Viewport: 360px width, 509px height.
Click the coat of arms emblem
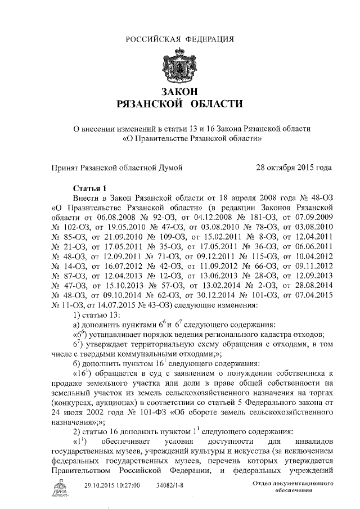[179, 66]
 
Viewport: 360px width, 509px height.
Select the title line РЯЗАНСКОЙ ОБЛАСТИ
[179, 104]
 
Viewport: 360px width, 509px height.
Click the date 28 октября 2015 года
[293, 167]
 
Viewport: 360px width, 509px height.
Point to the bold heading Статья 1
[89, 187]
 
